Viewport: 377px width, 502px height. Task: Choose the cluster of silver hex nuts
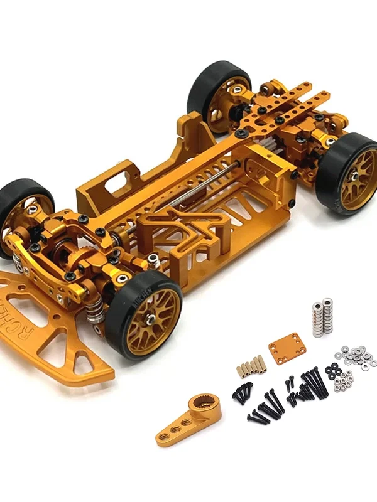343,380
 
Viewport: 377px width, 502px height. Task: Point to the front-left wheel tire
16,207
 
